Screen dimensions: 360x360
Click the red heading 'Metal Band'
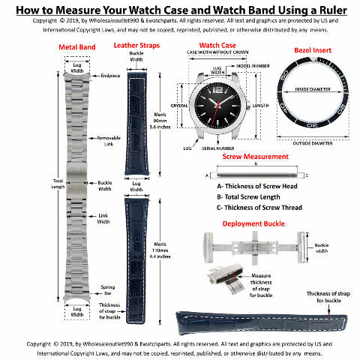pos(76,46)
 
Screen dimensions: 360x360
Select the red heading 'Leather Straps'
pos(141,46)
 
